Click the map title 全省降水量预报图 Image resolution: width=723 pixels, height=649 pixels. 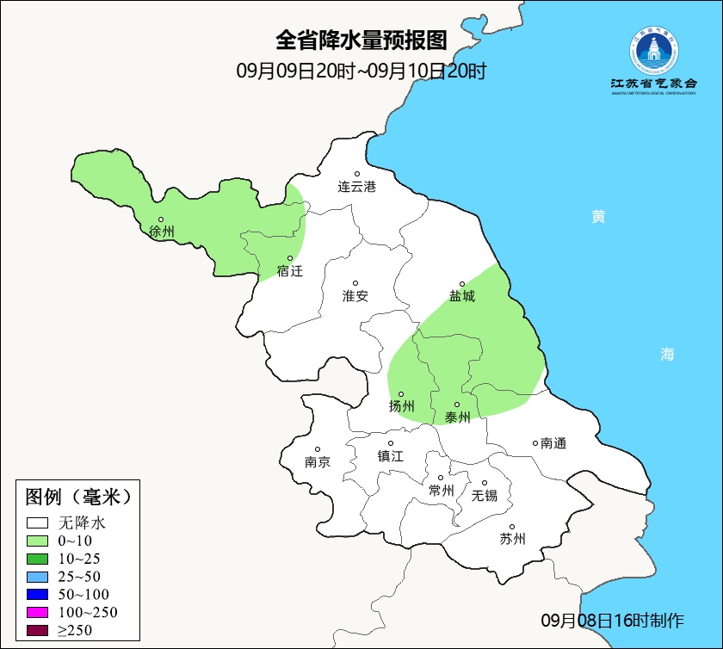click(x=361, y=40)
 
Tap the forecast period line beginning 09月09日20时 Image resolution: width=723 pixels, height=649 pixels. click(x=361, y=71)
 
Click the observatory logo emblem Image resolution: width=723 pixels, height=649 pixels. click(x=653, y=52)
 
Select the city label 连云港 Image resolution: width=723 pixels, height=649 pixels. click(x=356, y=186)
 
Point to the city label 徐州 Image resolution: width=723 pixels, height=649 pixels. click(x=161, y=232)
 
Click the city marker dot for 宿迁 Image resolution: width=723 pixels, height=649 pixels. click(x=290, y=258)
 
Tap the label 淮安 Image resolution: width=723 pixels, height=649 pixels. click(x=355, y=296)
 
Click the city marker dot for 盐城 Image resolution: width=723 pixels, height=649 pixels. click(x=462, y=284)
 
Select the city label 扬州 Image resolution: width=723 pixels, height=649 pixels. click(x=402, y=406)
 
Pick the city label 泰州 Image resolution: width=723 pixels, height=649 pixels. click(x=458, y=417)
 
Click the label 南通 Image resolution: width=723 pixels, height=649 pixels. click(x=553, y=443)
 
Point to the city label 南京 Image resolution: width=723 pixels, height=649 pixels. click(x=318, y=461)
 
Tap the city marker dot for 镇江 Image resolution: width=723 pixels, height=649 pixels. click(x=391, y=444)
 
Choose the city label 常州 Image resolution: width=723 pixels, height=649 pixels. click(x=441, y=491)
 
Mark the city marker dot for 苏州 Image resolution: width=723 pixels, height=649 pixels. click(x=511, y=528)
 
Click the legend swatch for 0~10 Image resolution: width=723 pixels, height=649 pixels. click(x=38, y=541)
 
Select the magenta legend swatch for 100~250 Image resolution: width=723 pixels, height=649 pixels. click(x=38, y=613)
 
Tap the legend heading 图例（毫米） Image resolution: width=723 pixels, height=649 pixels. click(x=77, y=497)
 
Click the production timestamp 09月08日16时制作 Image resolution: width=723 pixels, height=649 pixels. click(x=612, y=621)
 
